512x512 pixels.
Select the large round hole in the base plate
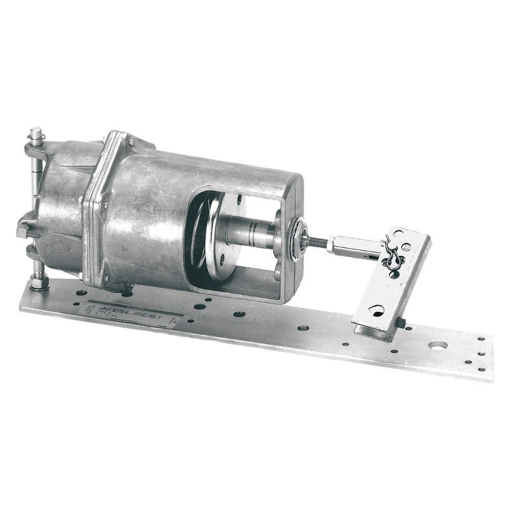[x=437, y=346]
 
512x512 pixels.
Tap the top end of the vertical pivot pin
[x=36, y=131]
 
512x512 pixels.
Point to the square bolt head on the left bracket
[x=23, y=231]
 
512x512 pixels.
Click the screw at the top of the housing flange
[x=130, y=142]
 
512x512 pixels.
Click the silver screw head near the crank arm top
[x=406, y=246]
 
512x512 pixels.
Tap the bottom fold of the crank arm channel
[x=373, y=333]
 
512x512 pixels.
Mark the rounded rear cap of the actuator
[x=59, y=208]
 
